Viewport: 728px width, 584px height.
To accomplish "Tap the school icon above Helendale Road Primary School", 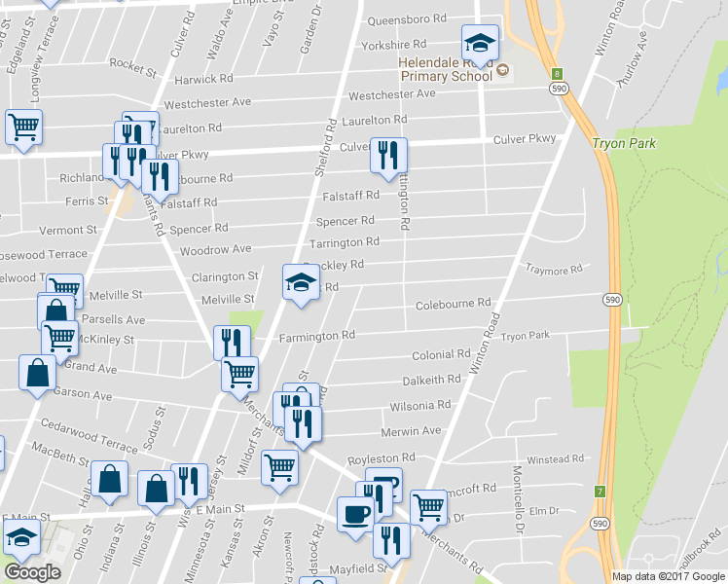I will pos(480,44).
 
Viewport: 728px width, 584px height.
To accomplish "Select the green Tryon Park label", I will pos(623,143).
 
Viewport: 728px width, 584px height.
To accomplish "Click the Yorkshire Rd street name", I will pos(393,45).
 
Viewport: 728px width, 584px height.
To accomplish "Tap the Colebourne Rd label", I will pos(453,305).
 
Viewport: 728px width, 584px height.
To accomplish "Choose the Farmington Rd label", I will pos(317,336).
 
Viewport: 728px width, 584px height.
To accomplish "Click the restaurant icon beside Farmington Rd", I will pos(232,342).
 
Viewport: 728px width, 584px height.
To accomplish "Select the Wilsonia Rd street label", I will pos(419,404).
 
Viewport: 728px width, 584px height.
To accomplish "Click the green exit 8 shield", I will pos(557,73).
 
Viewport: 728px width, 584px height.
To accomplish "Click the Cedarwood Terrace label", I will pos(90,435).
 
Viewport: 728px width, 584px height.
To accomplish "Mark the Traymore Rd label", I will pos(553,270).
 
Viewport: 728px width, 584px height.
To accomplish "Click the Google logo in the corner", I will pos(32,572).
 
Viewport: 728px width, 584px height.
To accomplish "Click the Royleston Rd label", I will pos(382,456).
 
